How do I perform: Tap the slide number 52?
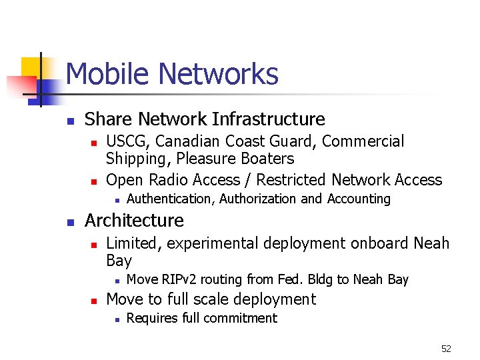coord(446,349)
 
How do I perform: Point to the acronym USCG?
coord(128,141)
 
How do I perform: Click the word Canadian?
coord(187,141)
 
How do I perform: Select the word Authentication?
coord(171,199)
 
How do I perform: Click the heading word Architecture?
coord(134,220)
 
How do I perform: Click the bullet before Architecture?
coord(69,222)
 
